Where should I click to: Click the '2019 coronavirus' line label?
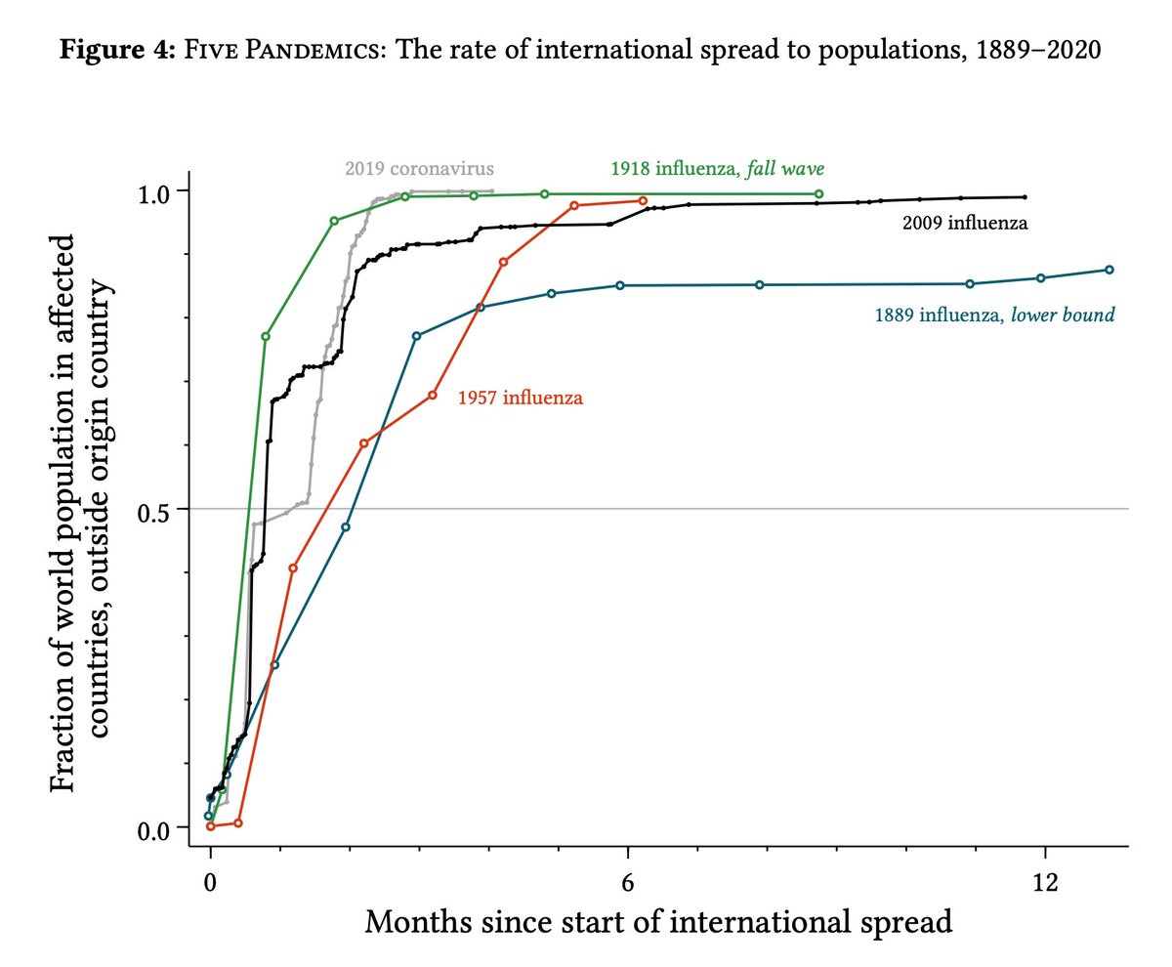[419, 168]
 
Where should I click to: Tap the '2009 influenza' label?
[964, 224]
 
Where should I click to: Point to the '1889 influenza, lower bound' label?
[994, 315]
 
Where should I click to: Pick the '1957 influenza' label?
[521, 398]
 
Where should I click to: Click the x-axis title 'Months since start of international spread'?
[658, 921]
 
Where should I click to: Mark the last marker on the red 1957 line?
[643, 200]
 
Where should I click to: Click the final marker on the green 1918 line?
[818, 193]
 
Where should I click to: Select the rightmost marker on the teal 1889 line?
[1109, 270]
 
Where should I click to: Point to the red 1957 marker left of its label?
[433, 395]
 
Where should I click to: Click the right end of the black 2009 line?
[1025, 196]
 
